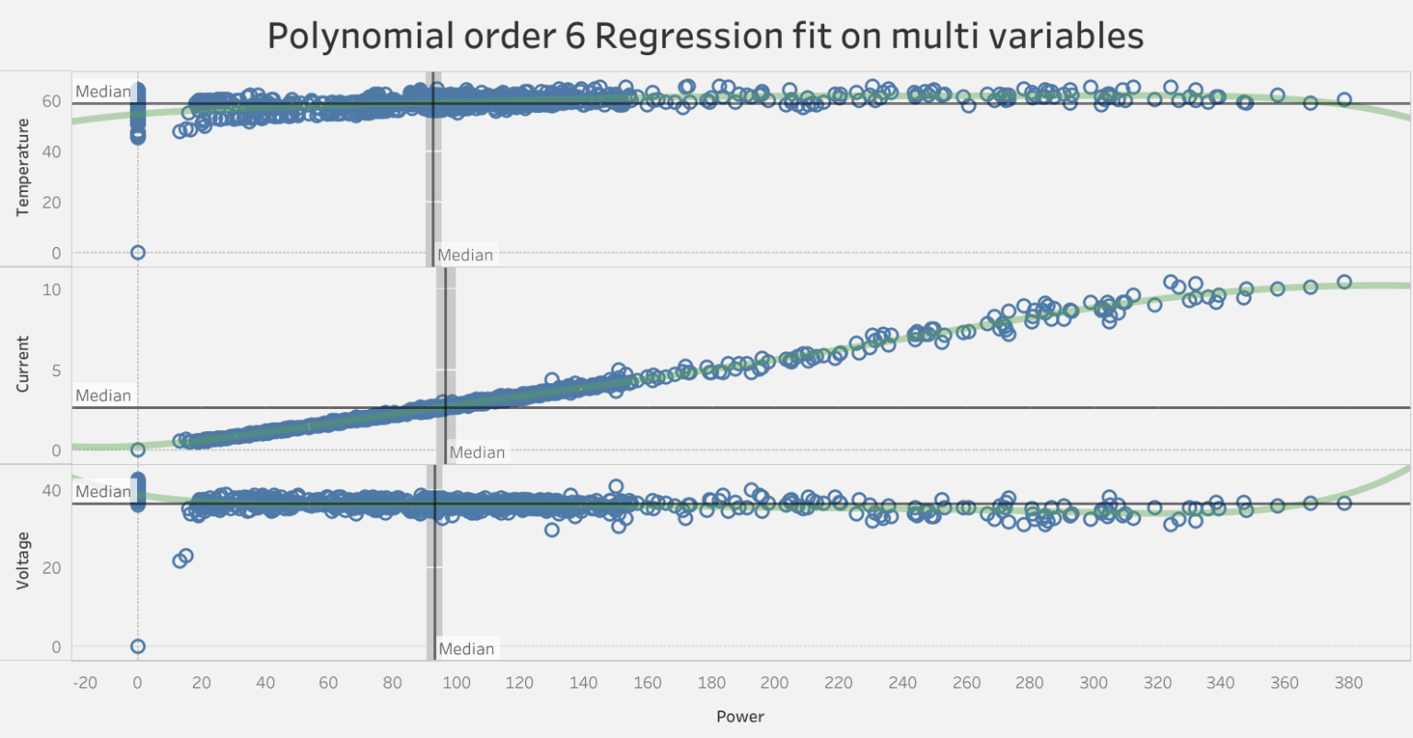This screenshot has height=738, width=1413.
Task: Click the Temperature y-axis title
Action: (x=23, y=168)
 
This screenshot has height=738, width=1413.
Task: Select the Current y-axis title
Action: (x=23, y=364)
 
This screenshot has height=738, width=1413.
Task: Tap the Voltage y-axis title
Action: (x=23, y=561)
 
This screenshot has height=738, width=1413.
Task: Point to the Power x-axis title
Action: (x=740, y=716)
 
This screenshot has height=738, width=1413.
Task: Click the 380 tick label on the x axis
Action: (x=1349, y=683)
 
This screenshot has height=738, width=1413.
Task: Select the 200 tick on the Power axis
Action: (x=775, y=683)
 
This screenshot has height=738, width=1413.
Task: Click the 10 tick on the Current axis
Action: (x=51, y=290)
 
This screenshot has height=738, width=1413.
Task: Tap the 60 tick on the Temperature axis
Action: (x=51, y=101)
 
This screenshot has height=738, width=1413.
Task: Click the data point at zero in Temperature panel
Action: (x=138, y=253)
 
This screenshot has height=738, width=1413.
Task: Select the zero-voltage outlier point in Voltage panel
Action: (x=138, y=646)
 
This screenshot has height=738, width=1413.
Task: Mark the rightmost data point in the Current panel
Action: (x=1344, y=282)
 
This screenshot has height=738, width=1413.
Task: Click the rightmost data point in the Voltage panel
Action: (x=1344, y=503)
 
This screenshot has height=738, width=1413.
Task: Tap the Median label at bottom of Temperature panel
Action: (x=465, y=255)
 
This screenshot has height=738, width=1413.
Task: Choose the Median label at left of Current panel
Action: (x=103, y=395)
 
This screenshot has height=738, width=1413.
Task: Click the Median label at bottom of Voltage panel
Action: (x=466, y=649)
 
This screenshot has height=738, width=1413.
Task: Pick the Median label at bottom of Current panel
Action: (x=477, y=452)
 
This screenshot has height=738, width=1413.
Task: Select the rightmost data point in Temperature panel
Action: (x=1344, y=99)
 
